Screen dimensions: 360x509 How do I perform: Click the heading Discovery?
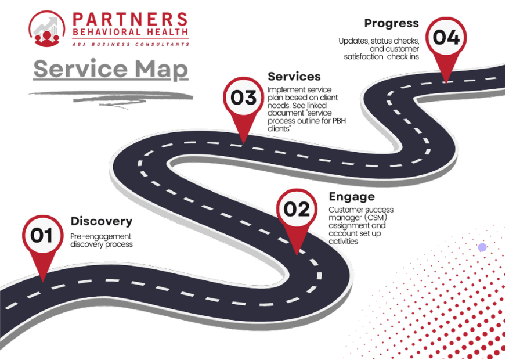pyautogui.click(x=102, y=221)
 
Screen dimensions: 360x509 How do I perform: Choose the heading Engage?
pyautogui.click(x=352, y=196)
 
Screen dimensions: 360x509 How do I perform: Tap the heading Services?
pyautogui.click(x=294, y=77)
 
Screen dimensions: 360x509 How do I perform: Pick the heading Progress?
pyautogui.click(x=391, y=23)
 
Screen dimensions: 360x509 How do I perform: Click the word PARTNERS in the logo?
pyautogui.click(x=130, y=19)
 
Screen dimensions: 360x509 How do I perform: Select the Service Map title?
pyautogui.click(x=111, y=70)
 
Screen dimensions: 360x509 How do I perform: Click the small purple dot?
pyautogui.click(x=482, y=247)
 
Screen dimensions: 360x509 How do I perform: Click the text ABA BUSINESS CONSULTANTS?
pyautogui.click(x=131, y=44)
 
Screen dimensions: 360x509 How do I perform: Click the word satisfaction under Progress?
pyautogui.click(x=363, y=57)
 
